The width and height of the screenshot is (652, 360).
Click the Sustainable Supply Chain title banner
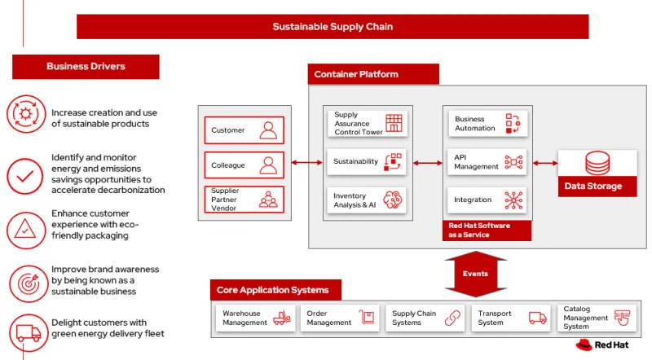click(333, 27)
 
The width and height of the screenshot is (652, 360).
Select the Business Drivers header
click(86, 67)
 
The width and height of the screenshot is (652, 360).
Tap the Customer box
click(244, 130)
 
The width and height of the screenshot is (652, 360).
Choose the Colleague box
click(244, 165)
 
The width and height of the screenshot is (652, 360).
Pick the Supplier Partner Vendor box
click(244, 200)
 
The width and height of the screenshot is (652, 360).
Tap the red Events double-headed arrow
click(476, 273)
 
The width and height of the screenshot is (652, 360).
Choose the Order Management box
click(340, 318)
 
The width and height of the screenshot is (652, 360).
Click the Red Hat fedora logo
click(583, 345)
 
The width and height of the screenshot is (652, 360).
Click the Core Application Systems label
click(274, 290)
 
